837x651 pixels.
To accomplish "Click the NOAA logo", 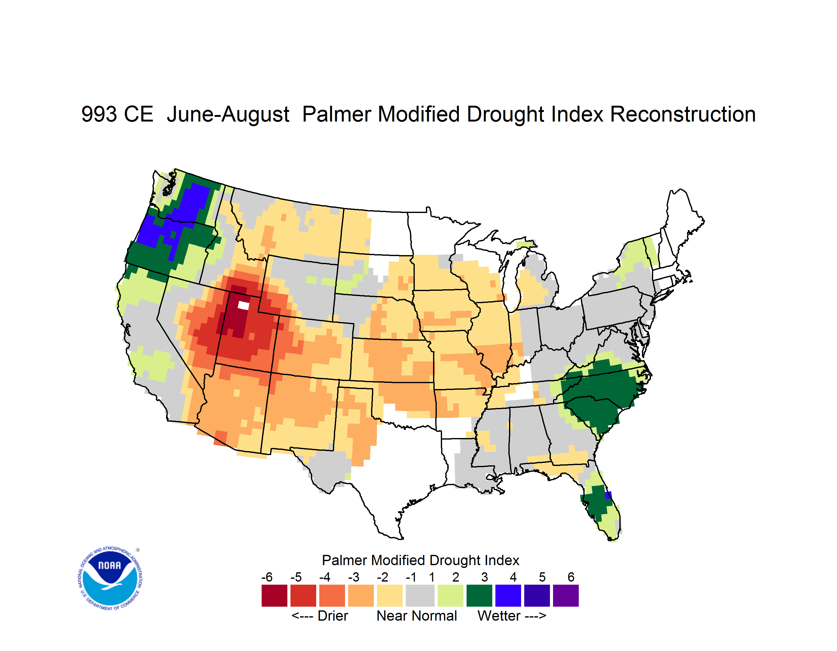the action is (x=110, y=578).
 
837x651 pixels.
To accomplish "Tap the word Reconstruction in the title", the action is (x=683, y=114).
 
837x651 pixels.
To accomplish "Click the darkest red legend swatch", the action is (x=274, y=596).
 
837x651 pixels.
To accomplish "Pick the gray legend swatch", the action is (x=420, y=596).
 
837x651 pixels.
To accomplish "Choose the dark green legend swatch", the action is (x=479, y=596).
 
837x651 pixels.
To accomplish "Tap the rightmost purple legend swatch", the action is (x=566, y=596).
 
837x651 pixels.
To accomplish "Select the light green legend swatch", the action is (x=450, y=596).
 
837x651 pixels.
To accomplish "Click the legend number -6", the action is (x=267, y=577).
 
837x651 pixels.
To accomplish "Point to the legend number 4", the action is (x=513, y=577).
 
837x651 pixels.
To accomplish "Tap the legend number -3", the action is (x=354, y=577).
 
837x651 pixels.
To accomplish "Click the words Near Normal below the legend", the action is (x=417, y=616).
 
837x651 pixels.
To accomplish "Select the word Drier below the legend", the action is (x=333, y=616).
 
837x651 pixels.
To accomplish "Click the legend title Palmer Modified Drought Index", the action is (x=420, y=560).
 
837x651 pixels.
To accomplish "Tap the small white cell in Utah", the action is (x=243, y=305).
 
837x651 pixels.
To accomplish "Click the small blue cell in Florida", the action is (x=608, y=495).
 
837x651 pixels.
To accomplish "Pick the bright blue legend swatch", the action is (x=508, y=596).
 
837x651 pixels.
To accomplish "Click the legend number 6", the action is (x=571, y=577).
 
